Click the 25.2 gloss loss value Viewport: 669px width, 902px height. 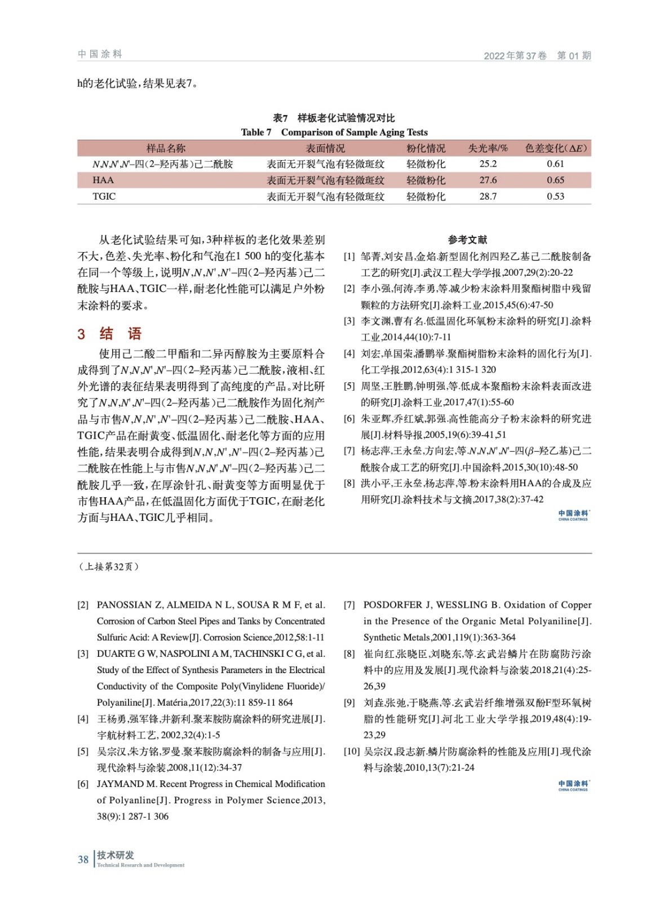tap(488, 164)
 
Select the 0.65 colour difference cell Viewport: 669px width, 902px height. tap(555, 180)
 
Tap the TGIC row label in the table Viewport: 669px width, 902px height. tap(104, 197)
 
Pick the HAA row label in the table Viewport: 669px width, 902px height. tap(103, 180)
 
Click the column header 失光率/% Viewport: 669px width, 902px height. tap(488, 148)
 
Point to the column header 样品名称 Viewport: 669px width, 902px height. tap(166, 148)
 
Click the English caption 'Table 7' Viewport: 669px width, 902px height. tap(256, 132)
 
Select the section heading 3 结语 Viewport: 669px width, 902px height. tap(110, 334)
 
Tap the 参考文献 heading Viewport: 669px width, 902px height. tap(467, 240)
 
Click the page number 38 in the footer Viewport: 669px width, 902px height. tap(83, 860)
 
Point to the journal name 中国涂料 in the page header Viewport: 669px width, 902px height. tap(100, 54)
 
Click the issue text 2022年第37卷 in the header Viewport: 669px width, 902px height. tap(515, 56)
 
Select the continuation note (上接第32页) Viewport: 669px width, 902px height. tap(109, 567)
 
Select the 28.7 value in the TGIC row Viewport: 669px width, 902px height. tap(488, 197)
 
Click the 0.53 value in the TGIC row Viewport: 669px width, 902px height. tap(555, 197)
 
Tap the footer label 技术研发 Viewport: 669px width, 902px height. tap(116, 855)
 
